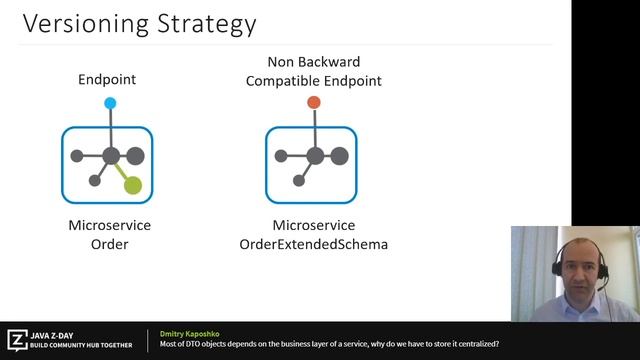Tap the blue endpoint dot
[110, 103]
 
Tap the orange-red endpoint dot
[314, 102]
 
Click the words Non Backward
[313, 62]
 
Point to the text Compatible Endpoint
[313, 80]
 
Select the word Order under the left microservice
[110, 243]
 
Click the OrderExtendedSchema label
[314, 243]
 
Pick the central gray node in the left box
[110, 156]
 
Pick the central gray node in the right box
[314, 156]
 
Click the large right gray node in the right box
[339, 155]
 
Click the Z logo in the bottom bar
[17, 339]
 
